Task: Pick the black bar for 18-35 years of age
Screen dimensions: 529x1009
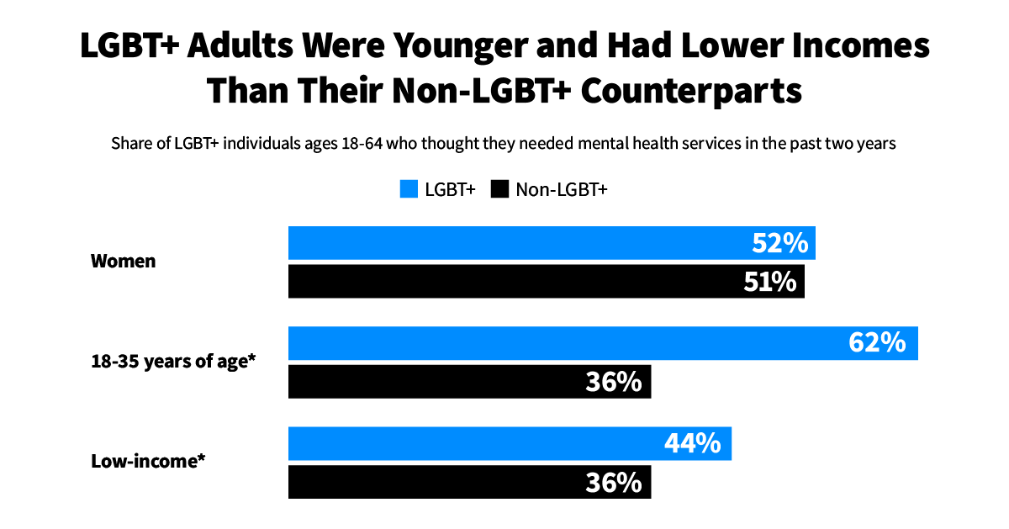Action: (437, 382)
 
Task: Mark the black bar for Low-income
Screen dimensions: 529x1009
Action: (437, 482)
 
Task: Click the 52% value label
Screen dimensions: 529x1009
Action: (779, 243)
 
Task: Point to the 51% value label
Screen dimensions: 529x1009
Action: (769, 282)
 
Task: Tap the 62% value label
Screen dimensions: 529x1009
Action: (878, 343)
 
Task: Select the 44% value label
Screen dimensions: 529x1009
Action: (693, 443)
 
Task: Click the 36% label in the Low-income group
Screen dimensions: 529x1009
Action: (614, 482)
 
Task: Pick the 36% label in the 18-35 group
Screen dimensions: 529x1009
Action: (614, 382)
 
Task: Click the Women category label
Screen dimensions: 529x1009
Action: (123, 261)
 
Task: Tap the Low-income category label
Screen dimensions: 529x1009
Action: (148, 461)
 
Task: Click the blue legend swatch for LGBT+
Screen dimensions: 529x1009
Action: (409, 189)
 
